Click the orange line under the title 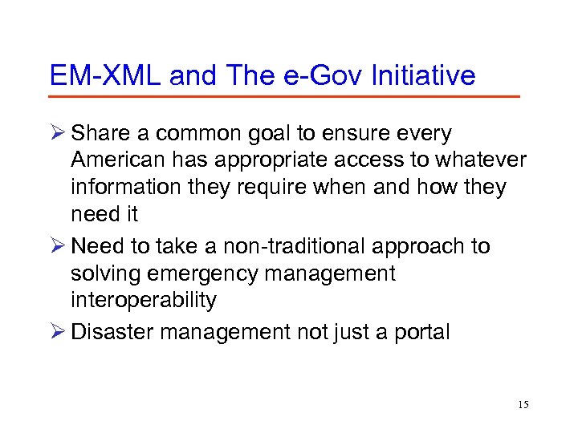tap(284, 97)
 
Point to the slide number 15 tap(523, 404)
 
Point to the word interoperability tap(144, 301)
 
